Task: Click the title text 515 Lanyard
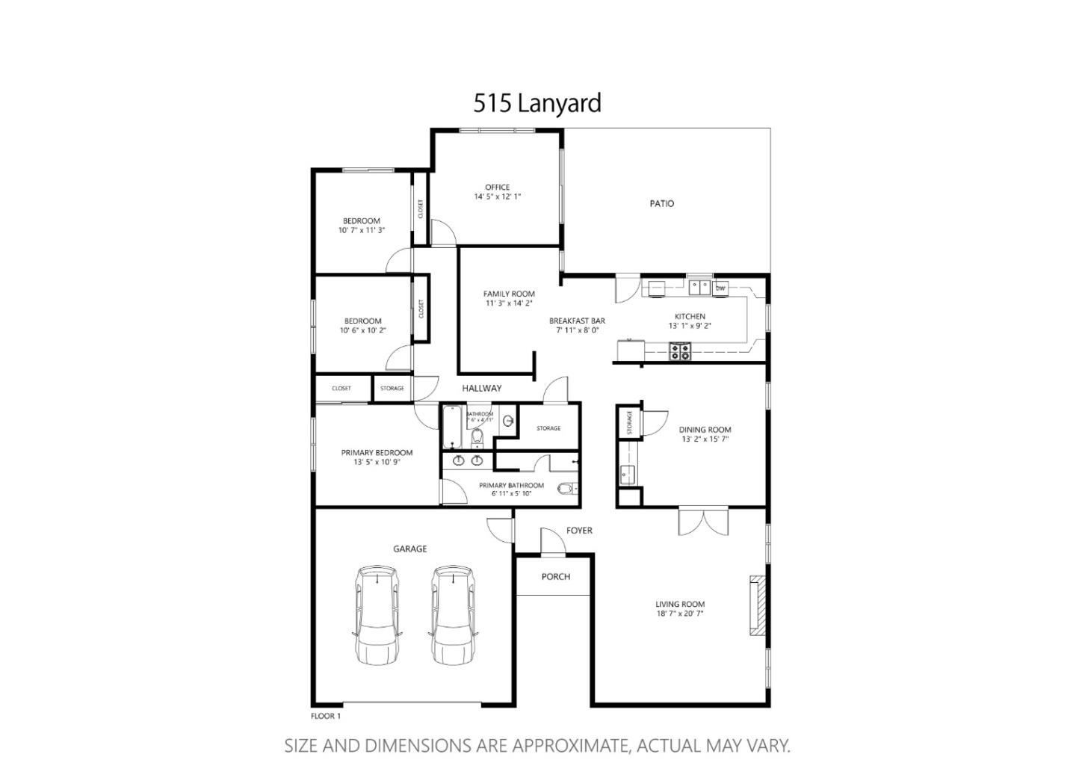pyautogui.click(x=537, y=103)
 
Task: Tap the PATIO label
pyautogui.click(x=661, y=203)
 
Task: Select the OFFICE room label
pyautogui.click(x=497, y=188)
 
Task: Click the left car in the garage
pyautogui.click(x=377, y=614)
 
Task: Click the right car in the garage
pyautogui.click(x=453, y=614)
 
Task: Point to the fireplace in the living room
pyautogui.click(x=758, y=605)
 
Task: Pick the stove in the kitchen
pyautogui.click(x=679, y=351)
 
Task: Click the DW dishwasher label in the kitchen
pyautogui.click(x=720, y=288)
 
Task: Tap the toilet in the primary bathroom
pyautogui.click(x=566, y=489)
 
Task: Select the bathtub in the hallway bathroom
pyautogui.click(x=452, y=428)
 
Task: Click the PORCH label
pyautogui.click(x=555, y=577)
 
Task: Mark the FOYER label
pyautogui.click(x=579, y=531)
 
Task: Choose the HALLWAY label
pyautogui.click(x=482, y=389)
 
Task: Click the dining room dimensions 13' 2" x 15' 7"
pyautogui.click(x=705, y=439)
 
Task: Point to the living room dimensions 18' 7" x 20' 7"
pyautogui.click(x=680, y=614)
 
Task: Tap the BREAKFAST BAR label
pyautogui.click(x=577, y=321)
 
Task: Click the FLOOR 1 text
pyautogui.click(x=326, y=716)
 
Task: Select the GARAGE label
pyautogui.click(x=410, y=549)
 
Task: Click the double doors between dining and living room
pyautogui.click(x=703, y=521)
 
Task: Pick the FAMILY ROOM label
pyautogui.click(x=509, y=294)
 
